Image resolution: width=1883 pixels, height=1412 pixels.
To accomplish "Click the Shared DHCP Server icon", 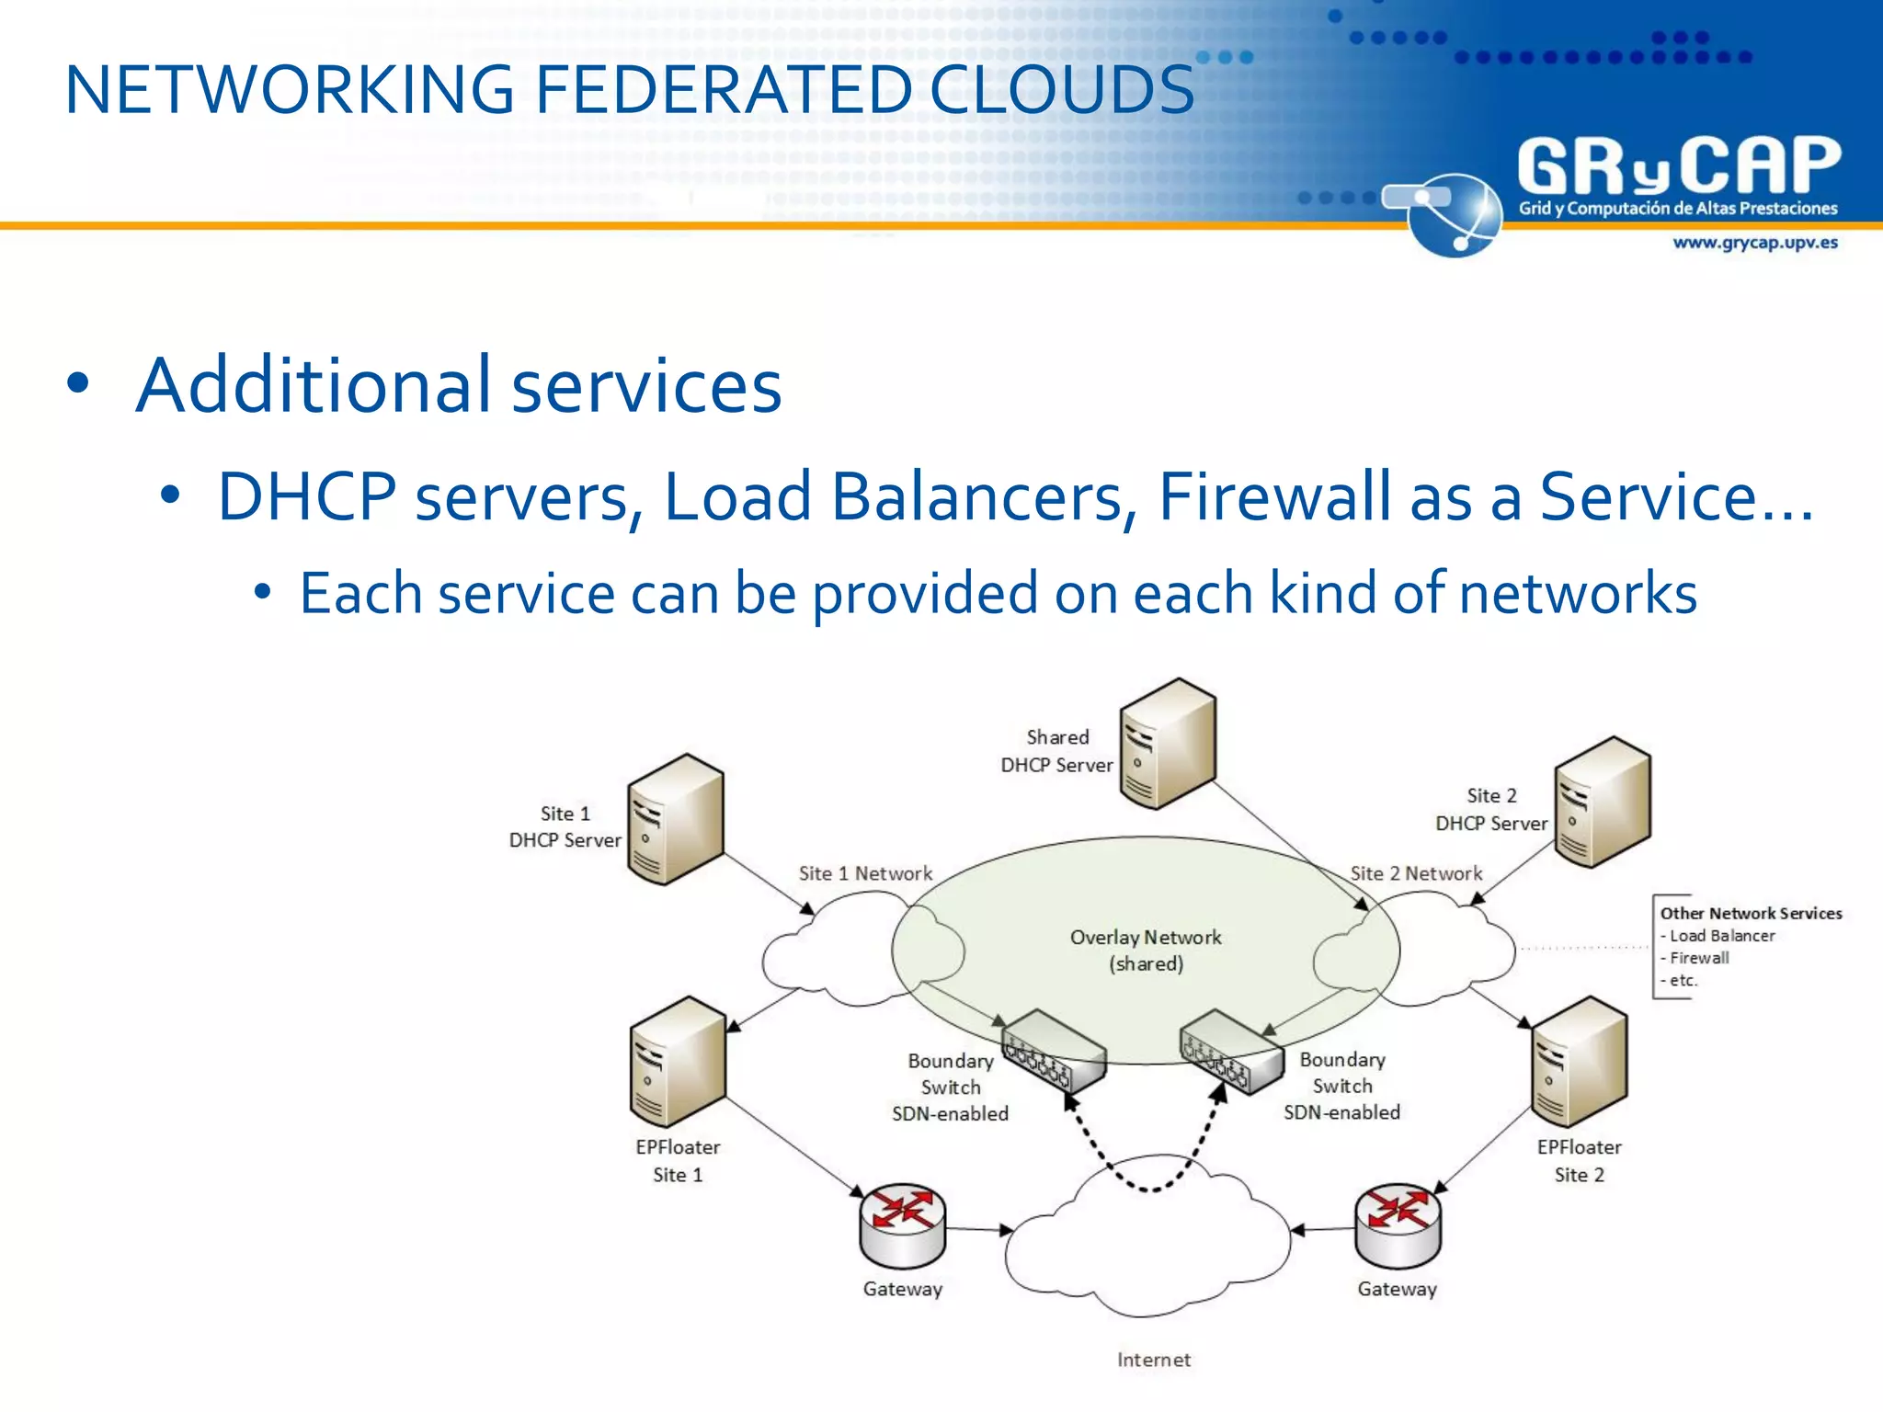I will [x=1168, y=744].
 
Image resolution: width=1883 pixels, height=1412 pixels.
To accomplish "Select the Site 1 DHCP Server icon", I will [x=676, y=819].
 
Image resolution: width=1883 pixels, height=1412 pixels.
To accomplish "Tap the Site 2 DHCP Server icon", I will [x=1603, y=803].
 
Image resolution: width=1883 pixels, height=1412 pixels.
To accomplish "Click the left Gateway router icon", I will [x=903, y=1225].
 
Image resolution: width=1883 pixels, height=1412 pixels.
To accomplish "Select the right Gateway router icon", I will [x=1398, y=1225].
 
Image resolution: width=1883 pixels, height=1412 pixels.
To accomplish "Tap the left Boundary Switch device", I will [x=1054, y=1052].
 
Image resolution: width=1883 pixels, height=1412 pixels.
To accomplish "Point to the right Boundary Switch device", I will [x=1231, y=1052].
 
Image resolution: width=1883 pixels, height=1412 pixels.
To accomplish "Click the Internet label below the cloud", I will [x=1153, y=1360].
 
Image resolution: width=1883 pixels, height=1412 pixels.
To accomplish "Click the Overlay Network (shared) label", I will [x=1146, y=950].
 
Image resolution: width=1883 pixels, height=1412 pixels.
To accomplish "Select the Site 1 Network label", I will [x=865, y=873].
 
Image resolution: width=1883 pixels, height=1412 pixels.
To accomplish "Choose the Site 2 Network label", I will [x=1416, y=873].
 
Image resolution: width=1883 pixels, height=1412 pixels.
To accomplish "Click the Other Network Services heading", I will [x=1751, y=913].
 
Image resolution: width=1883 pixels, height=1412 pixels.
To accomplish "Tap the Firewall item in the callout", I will [x=1699, y=958].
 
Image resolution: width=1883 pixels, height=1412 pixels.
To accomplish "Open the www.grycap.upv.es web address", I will [x=1754, y=243].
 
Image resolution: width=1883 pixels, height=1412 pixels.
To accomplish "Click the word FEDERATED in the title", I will [x=723, y=90].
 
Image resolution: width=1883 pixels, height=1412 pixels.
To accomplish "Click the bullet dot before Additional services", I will [x=78, y=384].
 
